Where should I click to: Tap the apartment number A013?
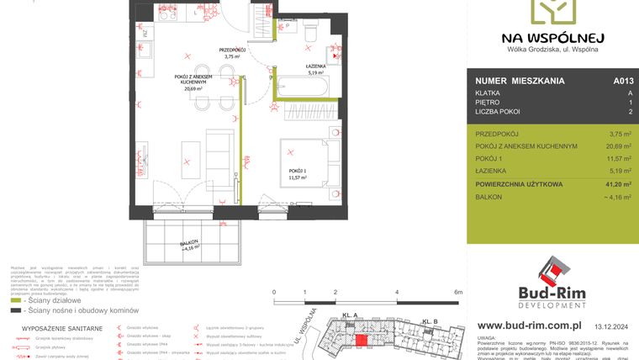(623, 82)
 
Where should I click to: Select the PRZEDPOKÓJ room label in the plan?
(232, 53)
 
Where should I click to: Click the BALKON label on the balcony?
(191, 245)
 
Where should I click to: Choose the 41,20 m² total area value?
(614, 183)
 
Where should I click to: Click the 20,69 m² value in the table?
(615, 146)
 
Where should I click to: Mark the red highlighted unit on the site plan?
(362, 339)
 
